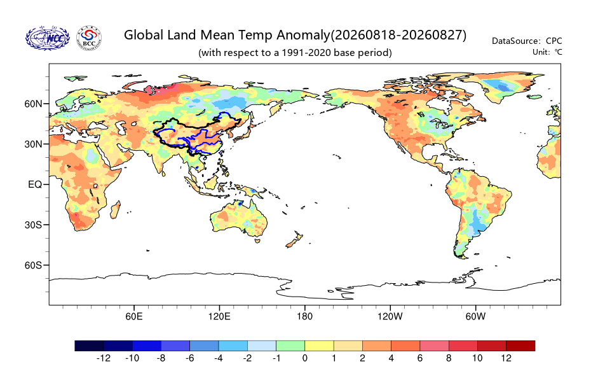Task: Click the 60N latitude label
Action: coord(33,104)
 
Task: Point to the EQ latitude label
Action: coord(35,185)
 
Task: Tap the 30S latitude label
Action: coord(33,225)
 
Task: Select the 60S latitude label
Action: coord(33,265)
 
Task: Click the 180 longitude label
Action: coord(304,316)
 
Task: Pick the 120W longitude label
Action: coord(390,316)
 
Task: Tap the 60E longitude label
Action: coord(134,316)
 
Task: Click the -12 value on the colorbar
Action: coord(104,358)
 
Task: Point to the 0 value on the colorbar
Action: coord(304,358)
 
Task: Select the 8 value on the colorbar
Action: coord(449,358)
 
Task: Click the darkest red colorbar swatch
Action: coord(520,346)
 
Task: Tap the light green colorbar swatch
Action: coord(290,346)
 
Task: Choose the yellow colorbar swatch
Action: coord(319,346)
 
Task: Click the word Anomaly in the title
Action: coord(303,36)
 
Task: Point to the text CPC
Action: coord(554,41)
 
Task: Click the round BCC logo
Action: coord(90,38)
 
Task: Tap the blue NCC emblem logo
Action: coord(48,38)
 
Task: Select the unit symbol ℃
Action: coord(558,52)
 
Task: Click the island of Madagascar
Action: coord(115,210)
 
